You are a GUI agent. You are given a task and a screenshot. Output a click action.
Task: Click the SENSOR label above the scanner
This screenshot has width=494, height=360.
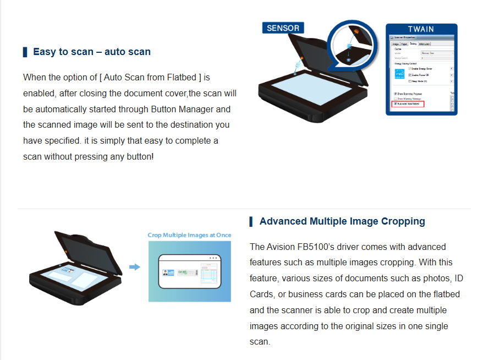pyautogui.click(x=283, y=28)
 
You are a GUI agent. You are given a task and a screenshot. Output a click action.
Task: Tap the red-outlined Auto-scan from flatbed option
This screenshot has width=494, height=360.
pyautogui.click(x=408, y=103)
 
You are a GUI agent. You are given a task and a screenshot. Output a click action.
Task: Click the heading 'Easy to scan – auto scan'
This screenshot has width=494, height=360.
pyautogui.click(x=91, y=52)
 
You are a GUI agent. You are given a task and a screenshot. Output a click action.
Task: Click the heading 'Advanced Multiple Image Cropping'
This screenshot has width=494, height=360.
pyautogui.click(x=342, y=221)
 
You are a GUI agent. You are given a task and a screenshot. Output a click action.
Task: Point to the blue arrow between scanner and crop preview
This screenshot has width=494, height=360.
pyautogui.click(x=135, y=267)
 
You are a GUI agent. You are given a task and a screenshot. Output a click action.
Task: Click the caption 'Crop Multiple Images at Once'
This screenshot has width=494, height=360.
pyautogui.click(x=189, y=235)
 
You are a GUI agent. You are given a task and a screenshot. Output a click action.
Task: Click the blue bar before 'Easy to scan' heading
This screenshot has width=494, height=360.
pyautogui.click(x=25, y=52)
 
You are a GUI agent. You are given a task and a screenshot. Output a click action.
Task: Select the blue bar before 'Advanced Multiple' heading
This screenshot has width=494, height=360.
pyautogui.click(x=251, y=221)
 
